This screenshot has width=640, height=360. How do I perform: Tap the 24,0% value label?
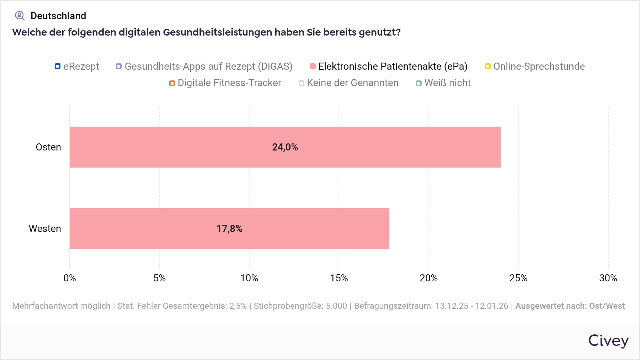(285, 147)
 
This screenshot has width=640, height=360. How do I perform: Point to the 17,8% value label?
(229, 229)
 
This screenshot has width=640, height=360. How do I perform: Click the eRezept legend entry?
(77, 67)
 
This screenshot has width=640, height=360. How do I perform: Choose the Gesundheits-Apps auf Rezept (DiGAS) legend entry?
(204, 67)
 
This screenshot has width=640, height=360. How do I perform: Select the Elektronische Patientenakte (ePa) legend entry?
(389, 67)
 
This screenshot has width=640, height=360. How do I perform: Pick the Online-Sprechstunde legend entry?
(535, 67)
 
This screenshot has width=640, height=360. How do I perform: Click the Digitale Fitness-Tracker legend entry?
(225, 83)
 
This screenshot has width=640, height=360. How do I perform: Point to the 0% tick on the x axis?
(70, 278)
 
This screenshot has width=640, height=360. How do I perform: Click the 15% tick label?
(339, 278)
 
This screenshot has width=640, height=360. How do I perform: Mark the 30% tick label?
(608, 278)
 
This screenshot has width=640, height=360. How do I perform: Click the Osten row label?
(48, 147)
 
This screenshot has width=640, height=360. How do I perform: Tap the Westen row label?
(45, 229)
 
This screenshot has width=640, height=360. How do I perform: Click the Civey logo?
(608, 340)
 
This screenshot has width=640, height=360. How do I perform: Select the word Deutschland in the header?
(58, 16)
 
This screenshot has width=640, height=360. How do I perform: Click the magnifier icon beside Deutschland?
(20, 16)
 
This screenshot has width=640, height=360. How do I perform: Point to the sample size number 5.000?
(336, 306)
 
